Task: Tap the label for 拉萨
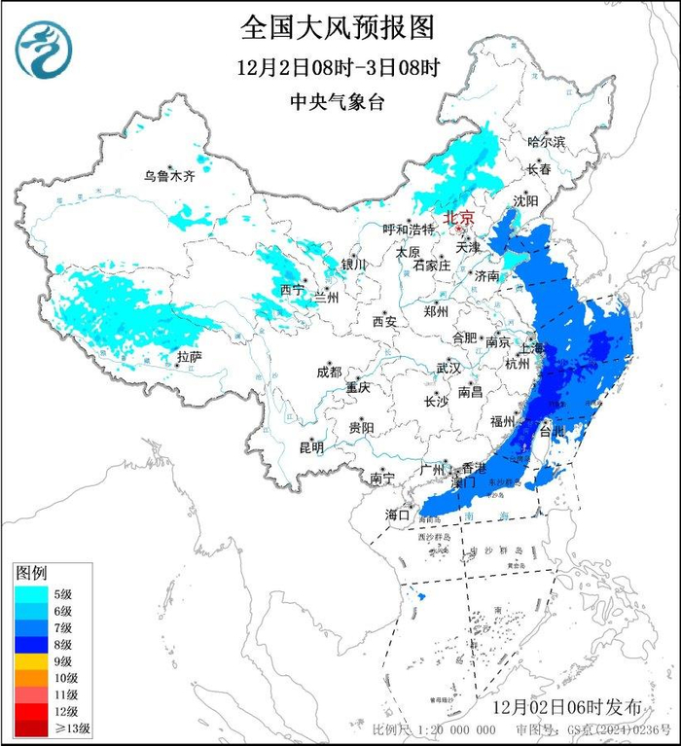coord(189,357)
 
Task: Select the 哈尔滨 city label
coord(546,142)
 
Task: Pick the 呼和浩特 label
coord(408,230)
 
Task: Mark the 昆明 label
coord(311,447)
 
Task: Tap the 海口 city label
coord(397,513)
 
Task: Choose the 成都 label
coord(329,372)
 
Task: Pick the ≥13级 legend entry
coord(49,727)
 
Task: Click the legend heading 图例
coord(31,572)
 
